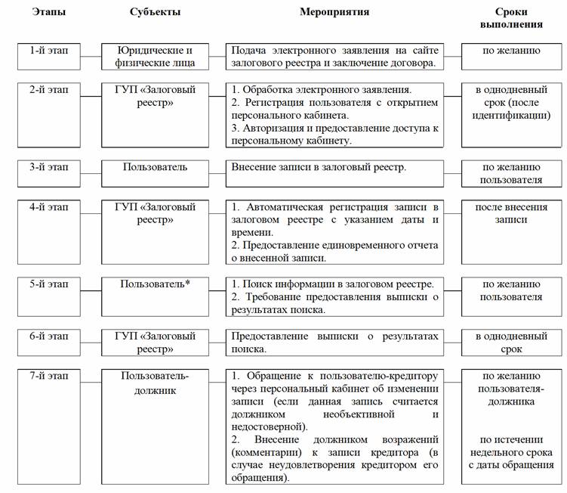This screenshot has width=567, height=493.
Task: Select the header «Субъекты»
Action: (156, 12)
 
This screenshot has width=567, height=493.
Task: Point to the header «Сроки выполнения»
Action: (512, 18)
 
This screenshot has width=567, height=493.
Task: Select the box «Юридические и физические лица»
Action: (156, 57)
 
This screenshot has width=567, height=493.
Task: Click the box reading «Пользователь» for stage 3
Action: (156, 166)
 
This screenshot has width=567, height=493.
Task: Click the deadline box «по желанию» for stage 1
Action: (512, 51)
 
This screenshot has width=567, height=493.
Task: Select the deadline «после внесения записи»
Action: (512, 212)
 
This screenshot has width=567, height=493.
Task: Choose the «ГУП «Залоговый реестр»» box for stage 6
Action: (156, 342)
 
